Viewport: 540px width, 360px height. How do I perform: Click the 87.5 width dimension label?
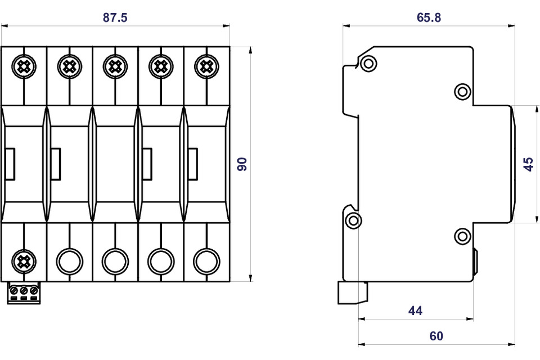point(115,17)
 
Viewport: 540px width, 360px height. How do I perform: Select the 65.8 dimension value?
point(429,17)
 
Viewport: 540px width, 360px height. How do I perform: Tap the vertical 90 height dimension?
point(242,164)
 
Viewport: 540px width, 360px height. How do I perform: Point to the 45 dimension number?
point(528,164)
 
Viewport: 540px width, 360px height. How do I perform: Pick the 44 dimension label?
point(415,310)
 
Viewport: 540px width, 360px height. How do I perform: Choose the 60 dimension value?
point(436,336)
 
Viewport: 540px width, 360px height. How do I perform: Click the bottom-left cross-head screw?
point(24,261)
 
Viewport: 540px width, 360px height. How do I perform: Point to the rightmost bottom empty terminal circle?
point(206,261)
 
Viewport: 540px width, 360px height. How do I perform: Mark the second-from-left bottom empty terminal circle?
point(69,261)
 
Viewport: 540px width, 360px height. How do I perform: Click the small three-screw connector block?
point(24,293)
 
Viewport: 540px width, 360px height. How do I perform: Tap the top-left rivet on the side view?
point(368,63)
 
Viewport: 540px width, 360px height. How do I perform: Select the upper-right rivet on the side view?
point(462,91)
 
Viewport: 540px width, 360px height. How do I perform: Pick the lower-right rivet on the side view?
point(462,236)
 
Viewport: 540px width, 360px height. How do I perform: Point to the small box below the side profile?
point(352,292)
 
